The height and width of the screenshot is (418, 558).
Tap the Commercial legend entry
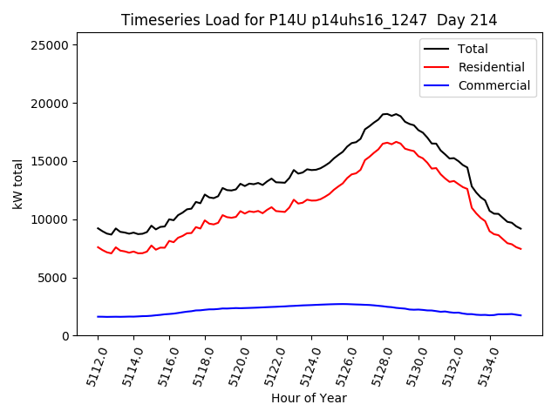[493, 85]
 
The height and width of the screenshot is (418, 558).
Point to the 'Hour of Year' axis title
[309, 398]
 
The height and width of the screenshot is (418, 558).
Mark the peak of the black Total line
[386, 113]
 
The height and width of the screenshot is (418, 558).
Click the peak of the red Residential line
[396, 141]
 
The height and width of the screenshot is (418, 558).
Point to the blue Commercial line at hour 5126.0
[347, 304]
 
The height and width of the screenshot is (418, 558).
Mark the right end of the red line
[521, 249]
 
